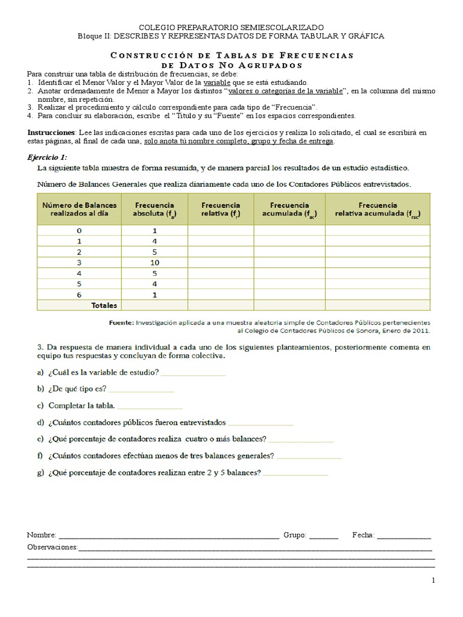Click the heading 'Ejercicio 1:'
coord(48,157)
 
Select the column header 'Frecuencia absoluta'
coord(154,209)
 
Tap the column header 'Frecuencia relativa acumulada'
coord(377,209)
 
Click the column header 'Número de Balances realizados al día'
coord(79,209)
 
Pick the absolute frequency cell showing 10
coord(154,263)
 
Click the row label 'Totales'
coord(104,305)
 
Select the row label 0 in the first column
coord(79,231)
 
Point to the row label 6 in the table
coord(79,295)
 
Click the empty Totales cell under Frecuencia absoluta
coord(154,305)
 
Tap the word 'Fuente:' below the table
coord(121,322)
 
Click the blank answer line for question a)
coord(194,374)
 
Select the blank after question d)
coord(260,424)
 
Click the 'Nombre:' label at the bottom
coord(42,535)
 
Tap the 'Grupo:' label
coord(295,535)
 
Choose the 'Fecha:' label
coord(364,535)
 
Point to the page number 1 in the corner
coord(433,580)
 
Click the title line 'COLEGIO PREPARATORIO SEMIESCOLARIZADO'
coord(231,28)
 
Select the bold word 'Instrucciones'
coord(51,132)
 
